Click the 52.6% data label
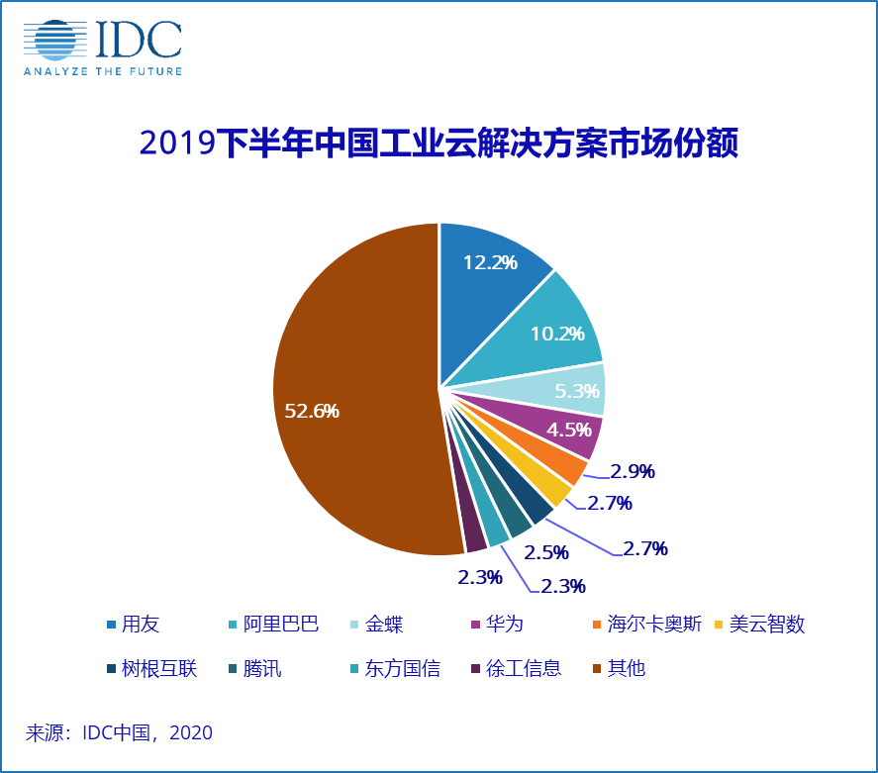point(312,411)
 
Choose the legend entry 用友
point(140,625)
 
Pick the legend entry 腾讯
point(262,668)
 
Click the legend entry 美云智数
point(767,625)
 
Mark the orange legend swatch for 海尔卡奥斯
point(594,625)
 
